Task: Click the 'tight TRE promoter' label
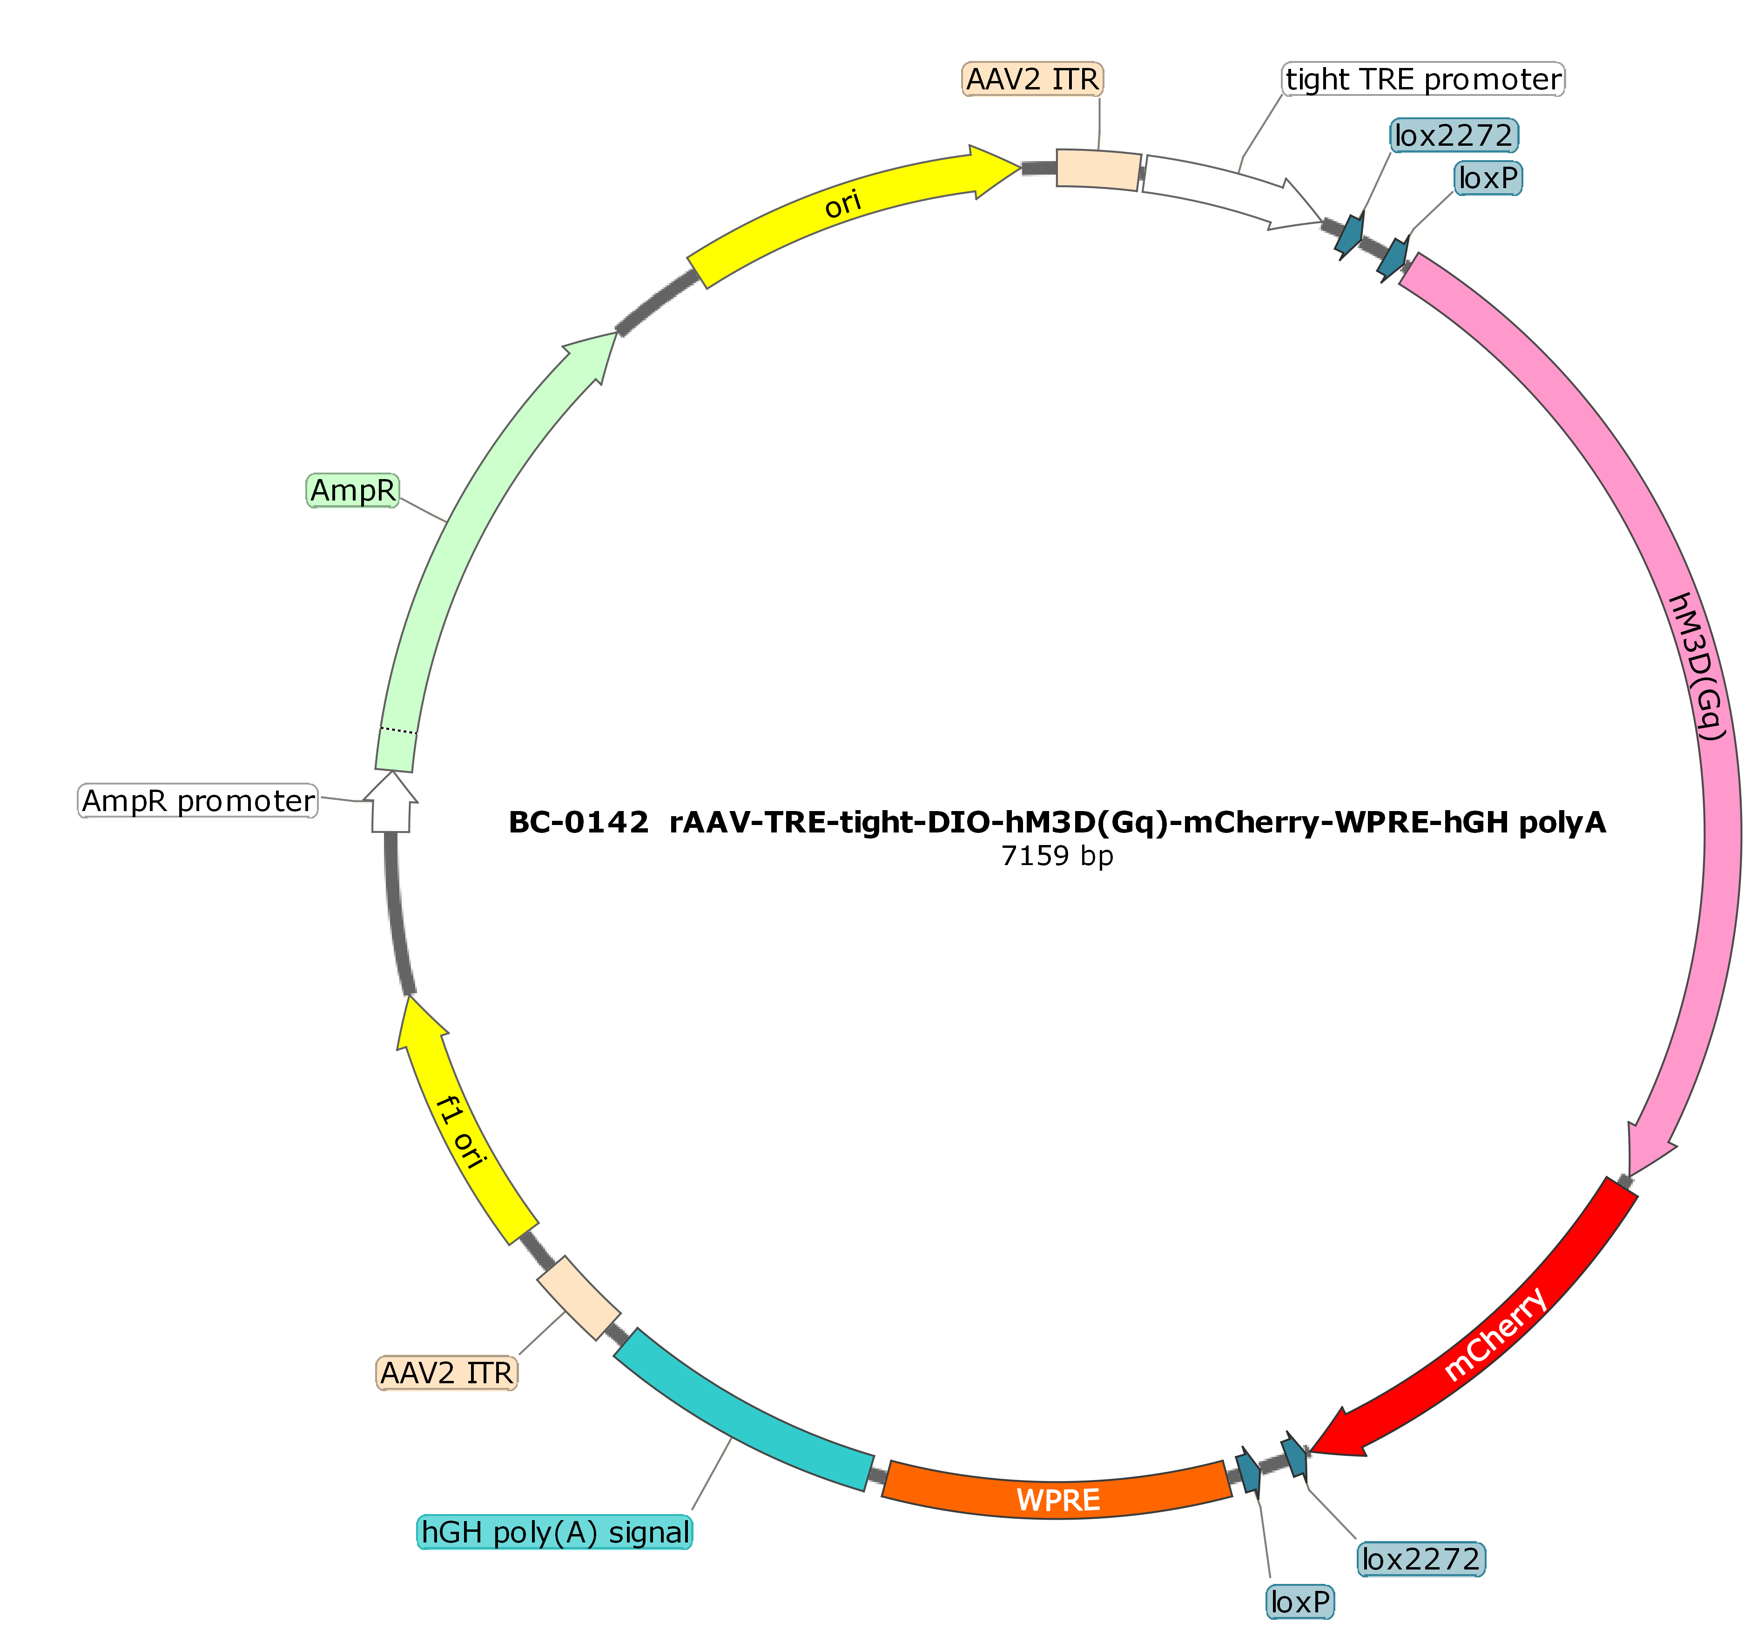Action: coord(1423,80)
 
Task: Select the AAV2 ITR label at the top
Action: coord(1032,80)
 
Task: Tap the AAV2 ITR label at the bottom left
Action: coord(446,1373)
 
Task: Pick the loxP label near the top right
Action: coord(1488,178)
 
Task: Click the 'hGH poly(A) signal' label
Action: coord(555,1532)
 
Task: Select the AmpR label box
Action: coord(353,490)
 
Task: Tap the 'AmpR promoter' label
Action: coord(198,801)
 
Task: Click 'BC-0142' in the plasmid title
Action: coord(579,823)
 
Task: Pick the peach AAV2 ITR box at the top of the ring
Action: coord(1098,169)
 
